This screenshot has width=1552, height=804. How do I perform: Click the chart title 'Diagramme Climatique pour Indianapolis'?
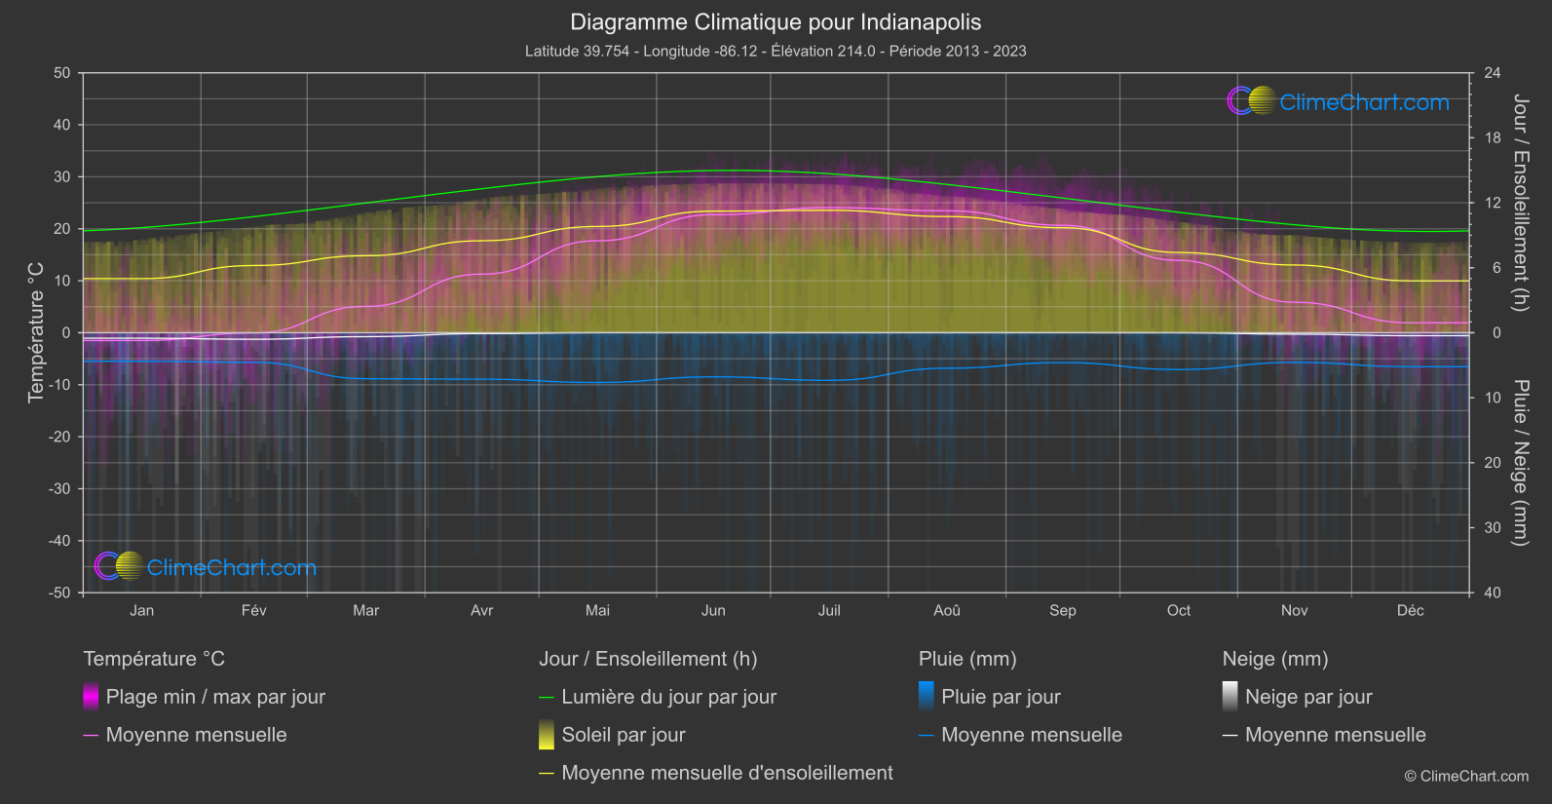click(776, 22)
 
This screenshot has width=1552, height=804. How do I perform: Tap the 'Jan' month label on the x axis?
click(142, 610)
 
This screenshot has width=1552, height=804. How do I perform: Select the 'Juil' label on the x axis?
click(829, 610)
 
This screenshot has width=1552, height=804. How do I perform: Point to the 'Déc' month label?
click(1410, 610)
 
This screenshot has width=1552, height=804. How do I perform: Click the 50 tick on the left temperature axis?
click(62, 73)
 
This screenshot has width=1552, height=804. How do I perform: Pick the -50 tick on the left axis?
click(59, 593)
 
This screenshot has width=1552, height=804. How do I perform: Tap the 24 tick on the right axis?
click(1493, 73)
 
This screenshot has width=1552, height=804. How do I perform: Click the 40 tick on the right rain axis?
click(1493, 593)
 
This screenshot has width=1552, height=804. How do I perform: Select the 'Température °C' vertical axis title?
click(36, 331)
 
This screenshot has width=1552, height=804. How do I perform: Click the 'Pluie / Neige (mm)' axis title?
click(1520, 463)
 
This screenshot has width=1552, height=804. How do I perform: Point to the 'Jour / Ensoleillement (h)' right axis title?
click(1520, 203)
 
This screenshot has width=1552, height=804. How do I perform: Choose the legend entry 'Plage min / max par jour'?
click(215, 697)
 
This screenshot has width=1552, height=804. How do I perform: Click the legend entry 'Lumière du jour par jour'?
click(668, 697)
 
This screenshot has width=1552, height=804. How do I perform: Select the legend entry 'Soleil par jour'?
click(624, 735)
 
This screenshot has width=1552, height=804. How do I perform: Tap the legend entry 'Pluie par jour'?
click(1001, 697)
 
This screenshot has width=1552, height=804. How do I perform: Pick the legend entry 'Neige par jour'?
click(1308, 697)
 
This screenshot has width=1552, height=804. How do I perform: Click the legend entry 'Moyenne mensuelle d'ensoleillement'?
click(727, 773)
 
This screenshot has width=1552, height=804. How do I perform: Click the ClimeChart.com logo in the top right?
click(1339, 101)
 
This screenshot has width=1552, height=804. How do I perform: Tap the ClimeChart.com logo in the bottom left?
click(207, 567)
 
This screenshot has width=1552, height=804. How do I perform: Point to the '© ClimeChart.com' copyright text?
click(1466, 777)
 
